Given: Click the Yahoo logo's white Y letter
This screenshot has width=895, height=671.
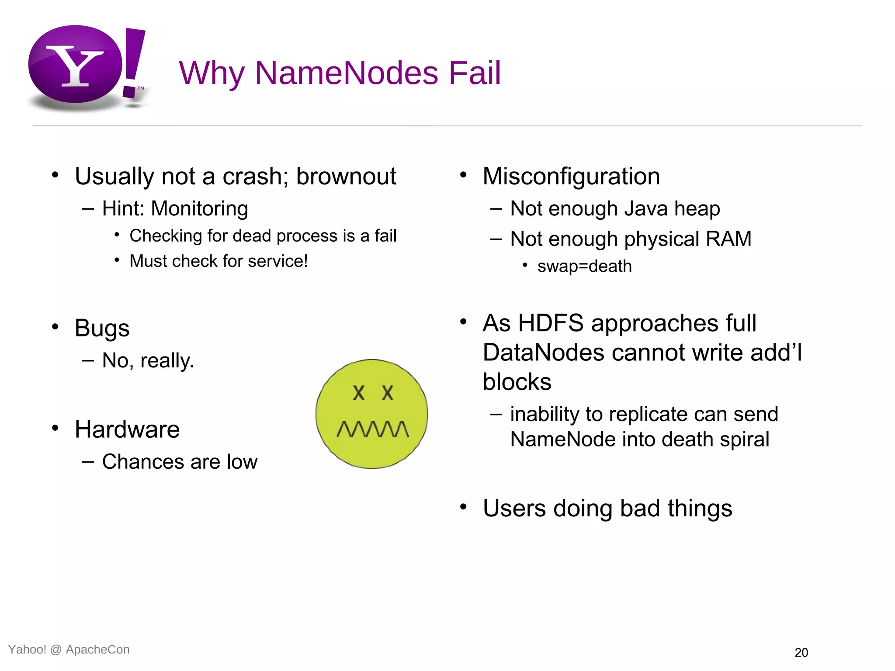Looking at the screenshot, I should [x=75, y=66].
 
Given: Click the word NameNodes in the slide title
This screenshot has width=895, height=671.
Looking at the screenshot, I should [x=347, y=73].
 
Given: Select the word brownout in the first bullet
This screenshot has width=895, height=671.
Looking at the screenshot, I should [x=346, y=176].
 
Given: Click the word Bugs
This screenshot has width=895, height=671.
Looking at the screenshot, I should [x=102, y=328].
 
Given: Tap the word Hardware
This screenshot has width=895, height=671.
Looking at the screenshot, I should [x=127, y=429].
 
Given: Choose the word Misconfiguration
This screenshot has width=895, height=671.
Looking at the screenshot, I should [x=571, y=176].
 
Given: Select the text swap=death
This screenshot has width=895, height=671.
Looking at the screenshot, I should [x=584, y=266].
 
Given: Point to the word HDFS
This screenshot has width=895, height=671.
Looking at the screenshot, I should [x=551, y=323].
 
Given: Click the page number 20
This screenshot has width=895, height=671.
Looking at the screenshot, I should [x=801, y=653].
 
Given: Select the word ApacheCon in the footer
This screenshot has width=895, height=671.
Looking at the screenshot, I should [x=97, y=650].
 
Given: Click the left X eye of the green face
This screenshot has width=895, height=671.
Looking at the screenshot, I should [x=358, y=393].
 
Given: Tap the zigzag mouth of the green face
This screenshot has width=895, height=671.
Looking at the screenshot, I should [x=373, y=429].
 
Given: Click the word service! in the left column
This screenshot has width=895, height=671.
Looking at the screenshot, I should [x=278, y=261].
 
